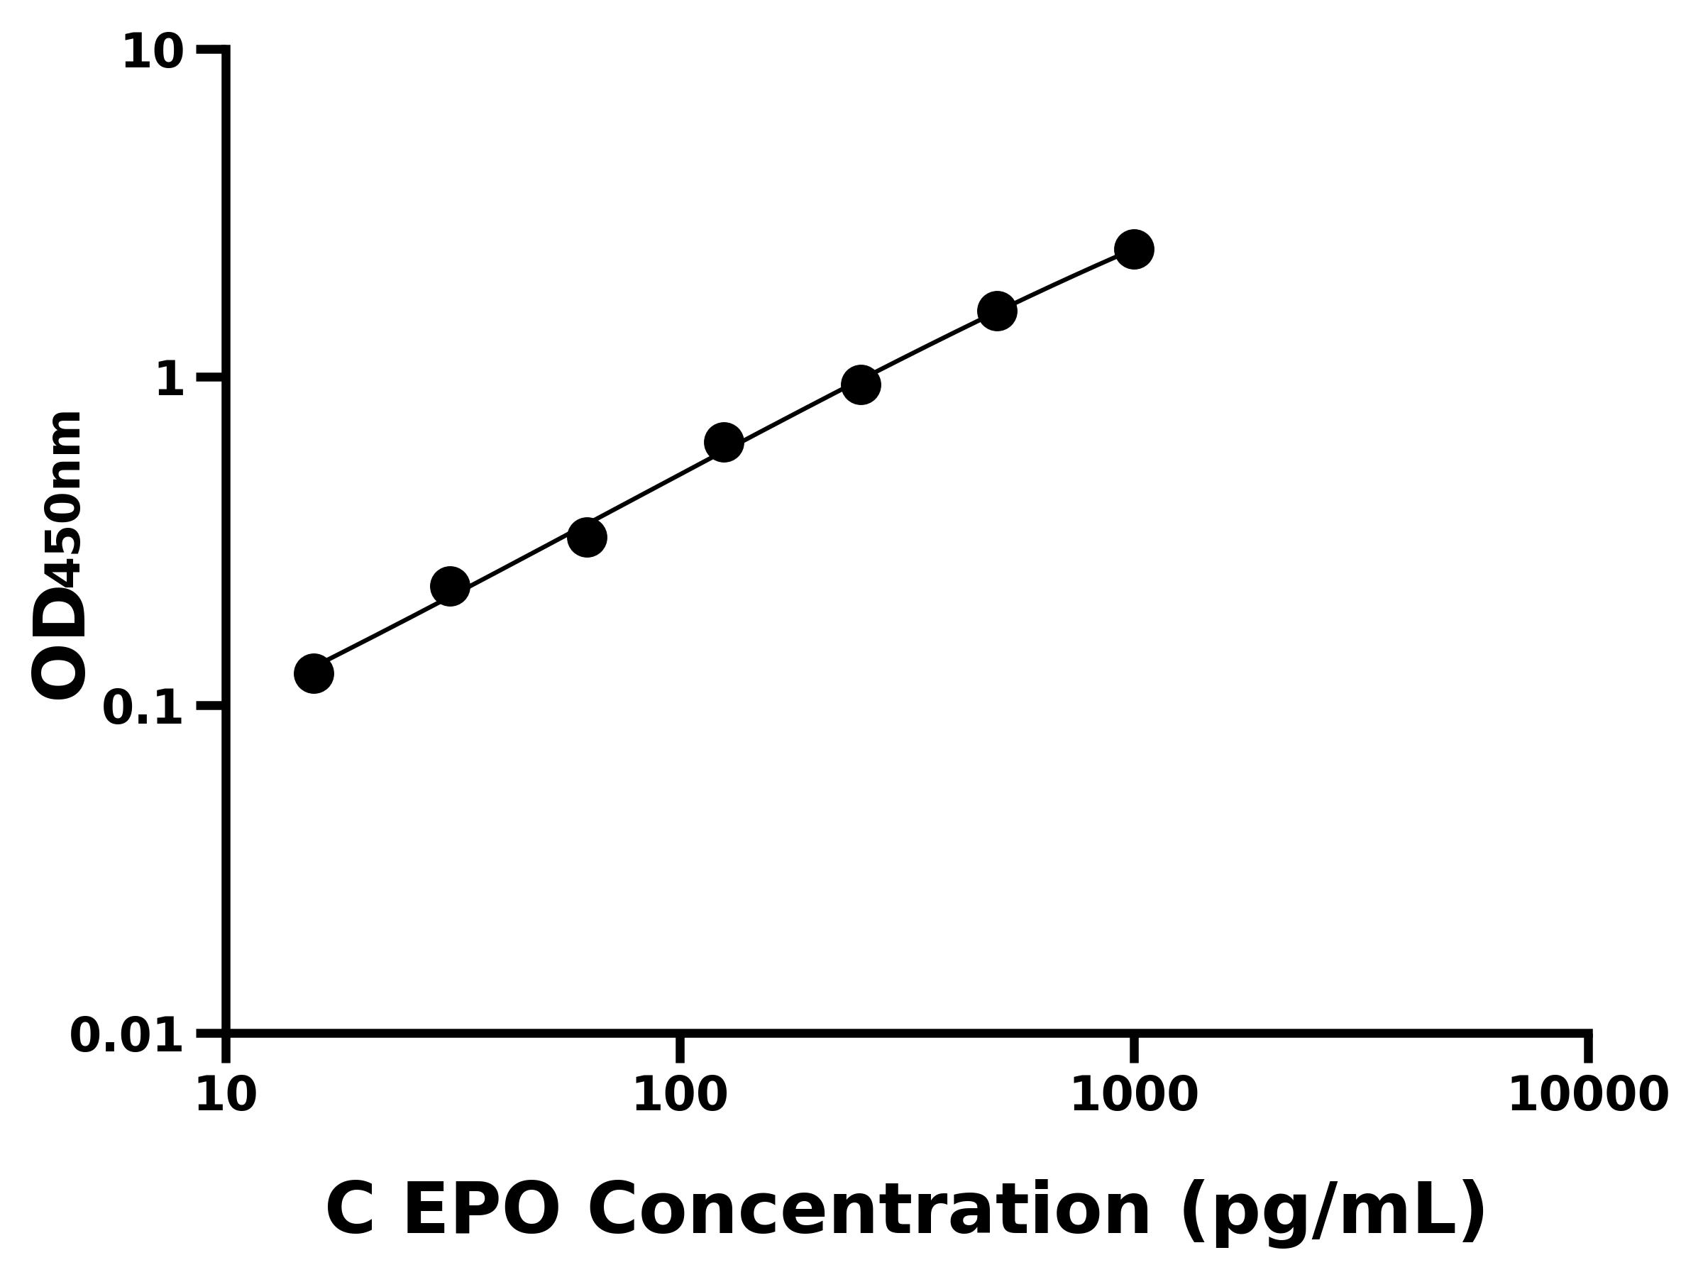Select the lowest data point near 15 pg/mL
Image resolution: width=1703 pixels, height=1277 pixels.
coord(314,673)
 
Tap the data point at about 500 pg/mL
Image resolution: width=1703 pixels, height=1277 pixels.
coord(997,311)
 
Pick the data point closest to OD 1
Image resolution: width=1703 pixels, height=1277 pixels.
coord(861,384)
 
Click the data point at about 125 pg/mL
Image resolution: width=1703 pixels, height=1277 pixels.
coord(724,443)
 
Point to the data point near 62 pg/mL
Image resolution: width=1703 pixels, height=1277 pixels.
coord(587,537)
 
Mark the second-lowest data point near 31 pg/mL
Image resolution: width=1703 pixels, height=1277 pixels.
coord(450,587)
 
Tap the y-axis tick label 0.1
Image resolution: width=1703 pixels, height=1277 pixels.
coord(143,708)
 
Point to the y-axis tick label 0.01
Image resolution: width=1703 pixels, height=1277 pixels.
coord(127,1036)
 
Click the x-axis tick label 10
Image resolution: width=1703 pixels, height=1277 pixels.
coord(226,1095)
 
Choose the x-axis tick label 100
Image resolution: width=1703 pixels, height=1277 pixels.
coord(679,1095)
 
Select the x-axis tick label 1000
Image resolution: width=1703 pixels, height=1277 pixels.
coord(1133,1095)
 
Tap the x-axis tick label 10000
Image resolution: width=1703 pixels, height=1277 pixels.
coord(1587,1095)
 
